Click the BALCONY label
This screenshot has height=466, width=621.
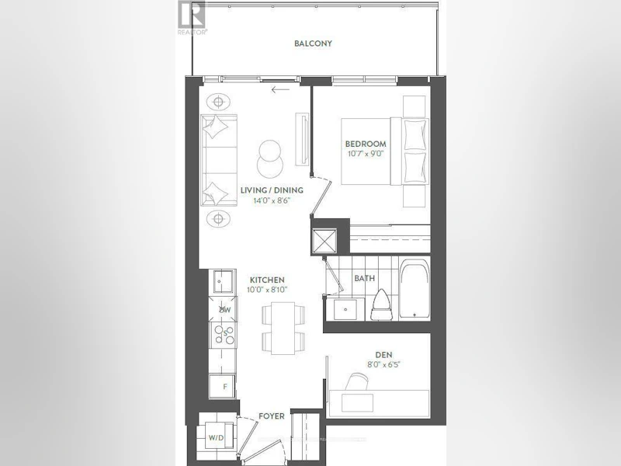point(313,43)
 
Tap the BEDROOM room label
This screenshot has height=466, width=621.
point(366,144)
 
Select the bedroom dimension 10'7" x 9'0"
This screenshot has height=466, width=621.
point(366,154)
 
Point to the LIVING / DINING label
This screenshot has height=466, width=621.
point(272,190)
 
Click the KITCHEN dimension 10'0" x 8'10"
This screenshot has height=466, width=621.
point(267,290)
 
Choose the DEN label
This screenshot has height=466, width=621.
point(384,355)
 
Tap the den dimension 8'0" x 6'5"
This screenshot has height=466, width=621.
point(383,364)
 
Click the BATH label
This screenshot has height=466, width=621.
point(364,278)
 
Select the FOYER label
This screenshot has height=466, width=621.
point(271,416)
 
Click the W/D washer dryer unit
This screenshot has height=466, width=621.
point(217,437)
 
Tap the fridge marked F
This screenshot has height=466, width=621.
point(223,386)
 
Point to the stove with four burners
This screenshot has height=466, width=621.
point(223,335)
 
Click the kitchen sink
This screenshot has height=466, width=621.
point(223,282)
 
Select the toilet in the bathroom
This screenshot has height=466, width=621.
point(382,304)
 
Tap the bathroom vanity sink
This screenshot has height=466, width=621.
point(346,309)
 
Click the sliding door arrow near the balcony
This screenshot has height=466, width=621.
point(280,89)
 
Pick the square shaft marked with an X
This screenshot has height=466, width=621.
point(324,241)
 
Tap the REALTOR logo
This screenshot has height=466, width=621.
point(192,18)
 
